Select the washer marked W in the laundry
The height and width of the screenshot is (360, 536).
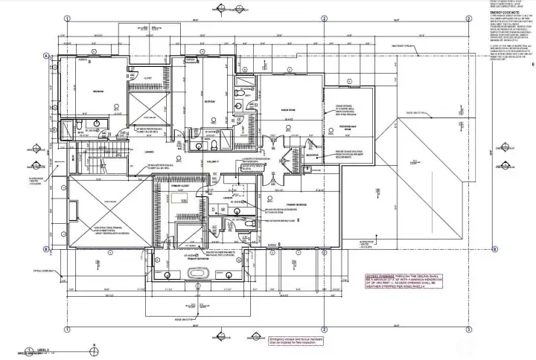(222, 210)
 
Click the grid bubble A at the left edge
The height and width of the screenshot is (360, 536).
(46, 55)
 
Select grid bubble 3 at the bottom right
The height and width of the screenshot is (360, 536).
(468, 330)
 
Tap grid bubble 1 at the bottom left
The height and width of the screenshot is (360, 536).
(66, 330)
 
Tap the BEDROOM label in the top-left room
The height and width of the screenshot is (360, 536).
(98, 91)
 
